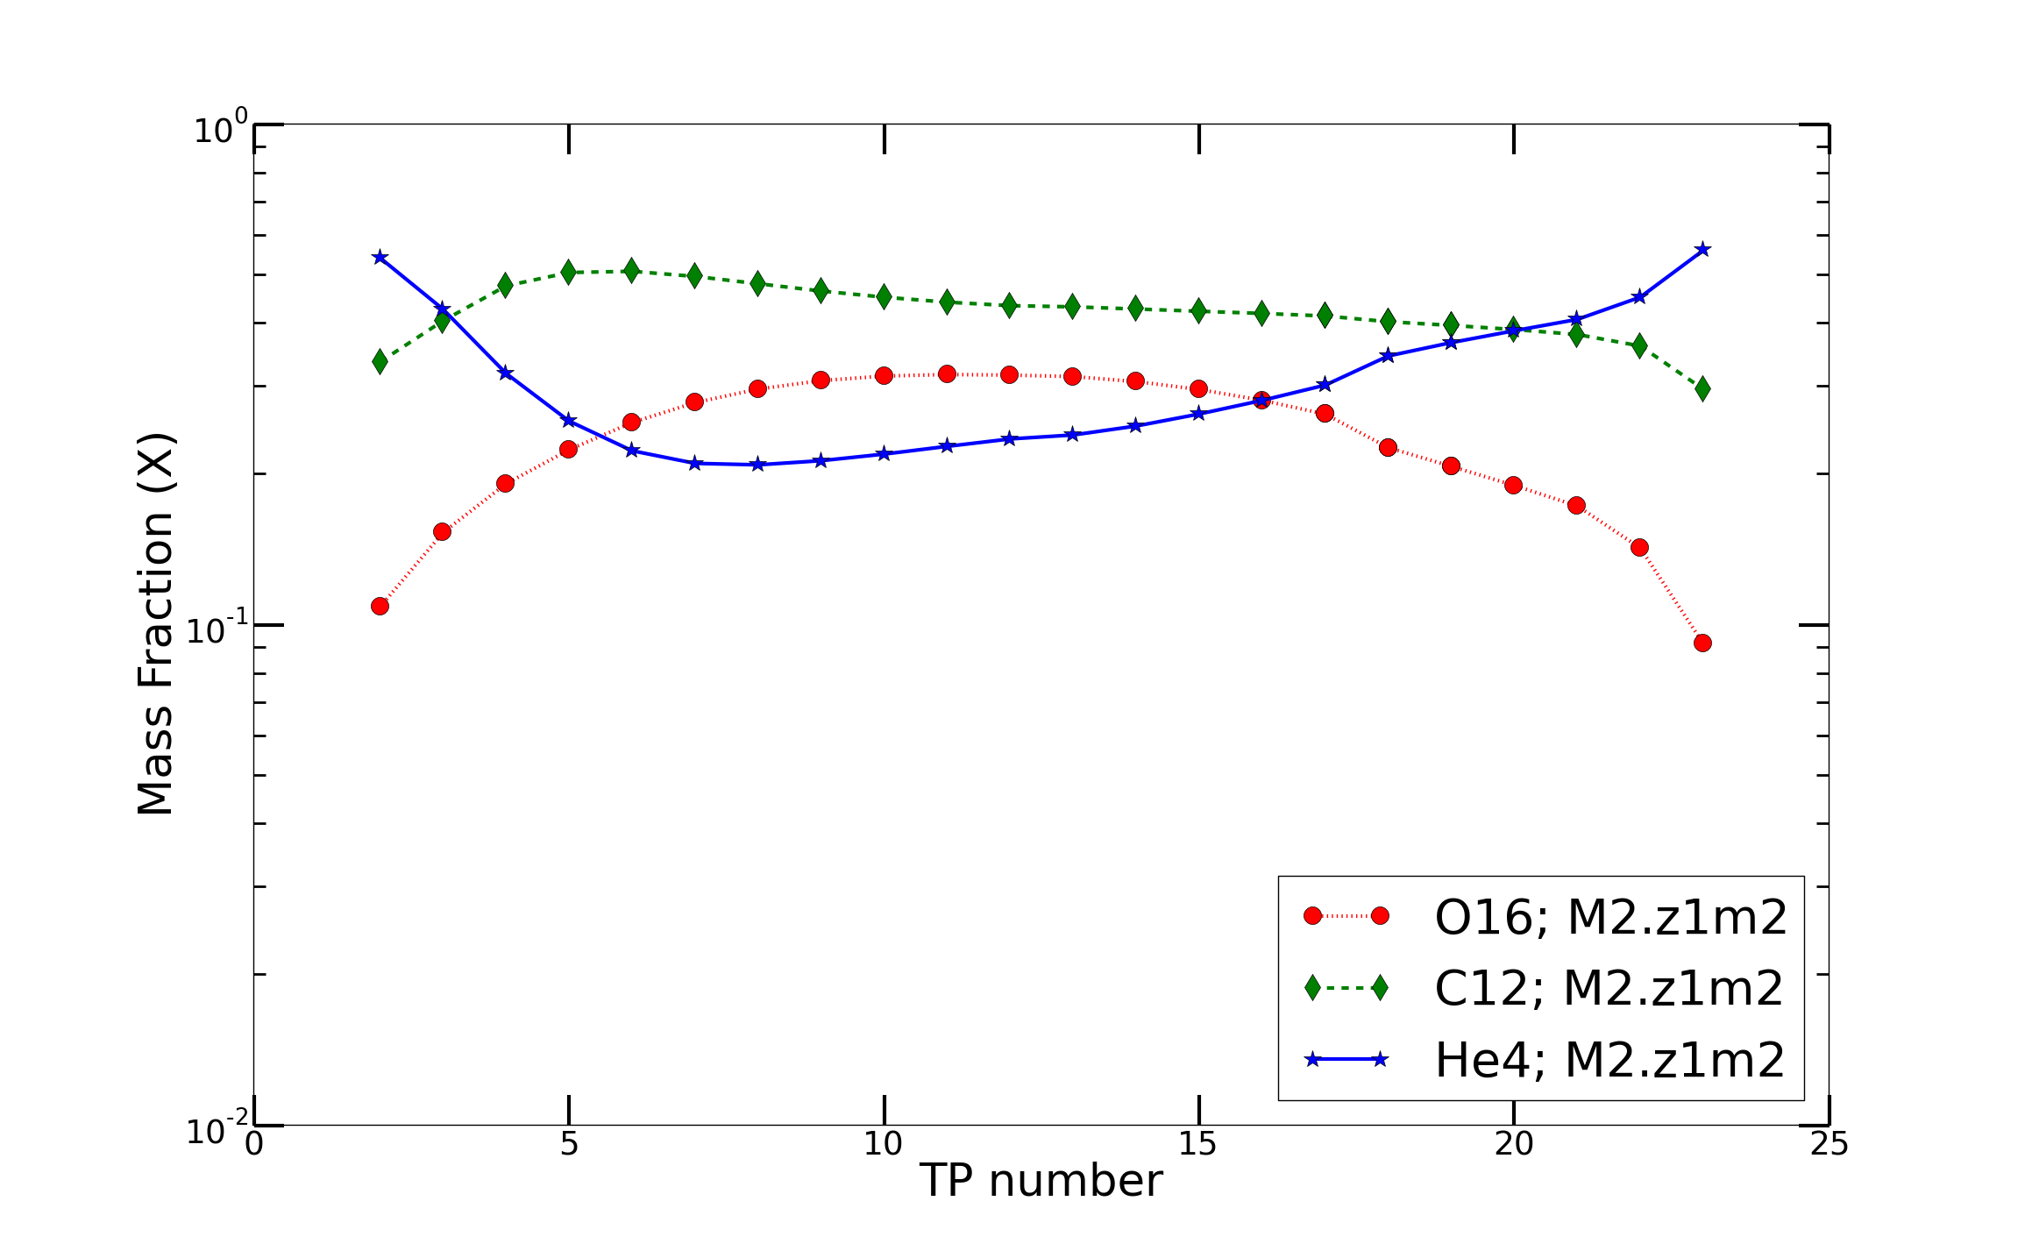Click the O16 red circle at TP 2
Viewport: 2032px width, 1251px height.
(x=380, y=606)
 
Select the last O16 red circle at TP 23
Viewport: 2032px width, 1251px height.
(x=1702, y=643)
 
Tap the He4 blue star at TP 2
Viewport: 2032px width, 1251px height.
(x=380, y=257)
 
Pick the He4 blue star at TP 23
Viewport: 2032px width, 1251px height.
(x=1702, y=249)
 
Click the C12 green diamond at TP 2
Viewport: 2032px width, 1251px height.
(x=380, y=360)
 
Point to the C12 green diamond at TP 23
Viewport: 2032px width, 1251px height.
(x=1702, y=388)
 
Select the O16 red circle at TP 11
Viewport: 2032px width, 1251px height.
(x=947, y=374)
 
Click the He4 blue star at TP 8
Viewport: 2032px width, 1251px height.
(x=757, y=464)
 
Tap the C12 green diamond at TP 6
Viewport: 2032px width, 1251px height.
(x=631, y=270)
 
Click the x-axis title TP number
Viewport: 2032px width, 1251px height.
(x=1041, y=1181)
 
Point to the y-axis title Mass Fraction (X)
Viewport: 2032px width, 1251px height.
(x=156, y=623)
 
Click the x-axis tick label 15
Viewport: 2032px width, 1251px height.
(x=1197, y=1144)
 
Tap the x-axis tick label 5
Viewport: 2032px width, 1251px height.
(x=569, y=1144)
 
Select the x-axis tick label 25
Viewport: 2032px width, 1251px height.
(x=1829, y=1144)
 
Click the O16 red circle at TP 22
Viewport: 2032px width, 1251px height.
(x=1639, y=547)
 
